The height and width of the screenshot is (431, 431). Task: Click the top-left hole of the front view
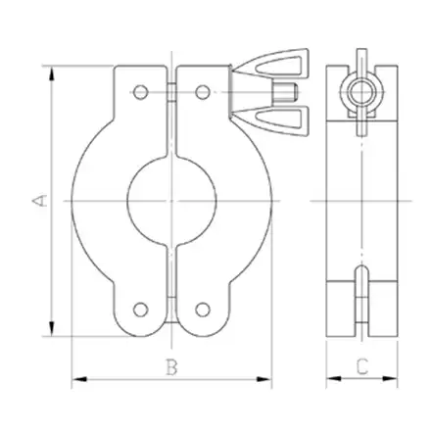tap(141, 93)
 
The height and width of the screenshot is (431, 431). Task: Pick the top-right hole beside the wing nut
tap(203, 93)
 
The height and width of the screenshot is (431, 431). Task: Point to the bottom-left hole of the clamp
tap(141, 309)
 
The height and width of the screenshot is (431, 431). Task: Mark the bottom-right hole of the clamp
tap(203, 309)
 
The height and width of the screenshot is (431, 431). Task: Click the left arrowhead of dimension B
tap(79, 379)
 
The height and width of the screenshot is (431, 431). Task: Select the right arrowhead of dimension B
tap(265, 379)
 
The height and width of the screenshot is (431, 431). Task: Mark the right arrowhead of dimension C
tap(393, 379)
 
